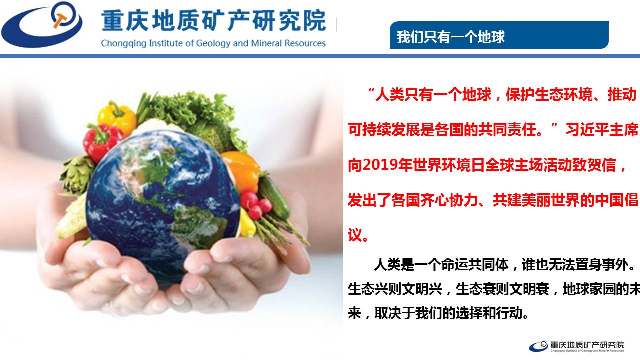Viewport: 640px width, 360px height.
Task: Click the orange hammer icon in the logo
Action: click(60, 20)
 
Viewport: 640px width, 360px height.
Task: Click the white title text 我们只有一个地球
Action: click(451, 37)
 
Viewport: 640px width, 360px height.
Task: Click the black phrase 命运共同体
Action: click(475, 264)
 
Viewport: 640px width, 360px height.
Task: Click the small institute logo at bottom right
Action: click(576, 346)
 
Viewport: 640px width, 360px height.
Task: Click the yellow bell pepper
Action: click(117, 117)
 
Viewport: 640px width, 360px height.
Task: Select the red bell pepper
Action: click(102, 141)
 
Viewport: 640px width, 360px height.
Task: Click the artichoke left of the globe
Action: click(76, 175)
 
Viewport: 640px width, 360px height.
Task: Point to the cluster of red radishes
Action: click(256, 205)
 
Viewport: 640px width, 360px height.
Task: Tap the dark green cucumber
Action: click(274, 197)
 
